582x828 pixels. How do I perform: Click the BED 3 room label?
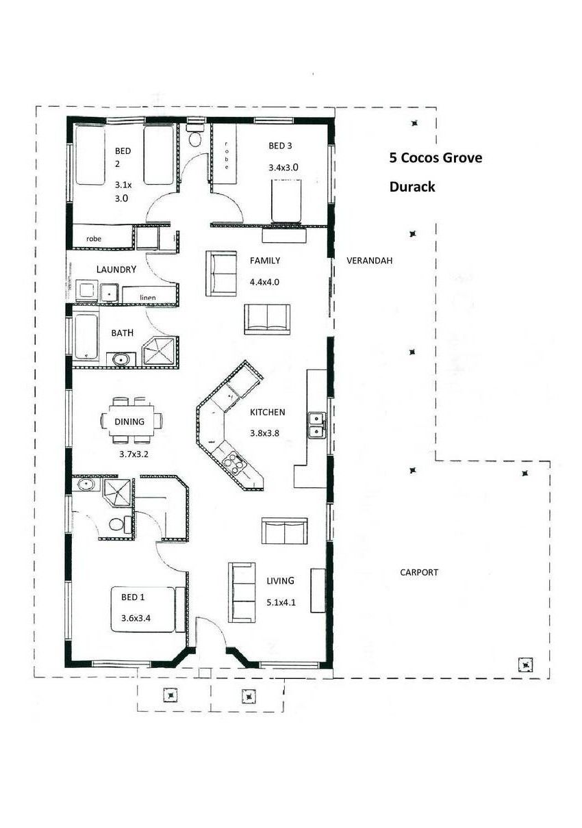280,146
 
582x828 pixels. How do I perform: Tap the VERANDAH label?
369,261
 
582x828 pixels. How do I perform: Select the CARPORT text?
419,573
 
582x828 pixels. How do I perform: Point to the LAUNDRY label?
116,270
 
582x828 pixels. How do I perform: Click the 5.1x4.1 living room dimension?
281,603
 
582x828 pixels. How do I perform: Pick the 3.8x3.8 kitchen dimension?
264,433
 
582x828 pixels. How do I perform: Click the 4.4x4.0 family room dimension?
264,283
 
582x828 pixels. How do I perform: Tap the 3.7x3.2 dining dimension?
134,454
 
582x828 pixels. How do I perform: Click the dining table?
131,421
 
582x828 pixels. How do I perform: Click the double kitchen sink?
316,426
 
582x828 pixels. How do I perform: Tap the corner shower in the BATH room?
160,351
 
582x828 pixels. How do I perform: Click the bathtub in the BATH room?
86,336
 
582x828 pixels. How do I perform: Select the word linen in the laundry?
147,298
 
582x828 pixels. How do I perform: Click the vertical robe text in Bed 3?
226,155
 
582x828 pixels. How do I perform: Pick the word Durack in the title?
412,187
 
